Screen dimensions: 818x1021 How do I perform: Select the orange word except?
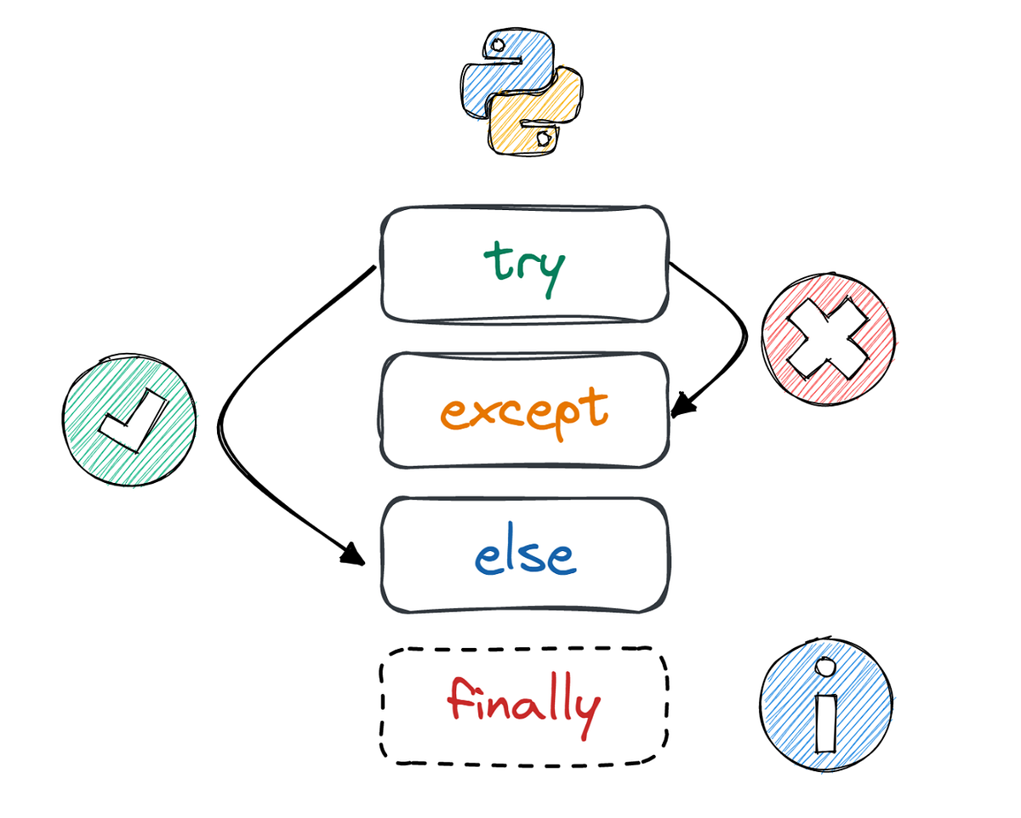(x=524, y=413)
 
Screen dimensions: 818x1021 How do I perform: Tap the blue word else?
(x=524, y=557)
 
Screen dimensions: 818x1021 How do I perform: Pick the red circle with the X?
(x=828, y=338)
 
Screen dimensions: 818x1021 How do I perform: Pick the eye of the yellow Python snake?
(x=542, y=136)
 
